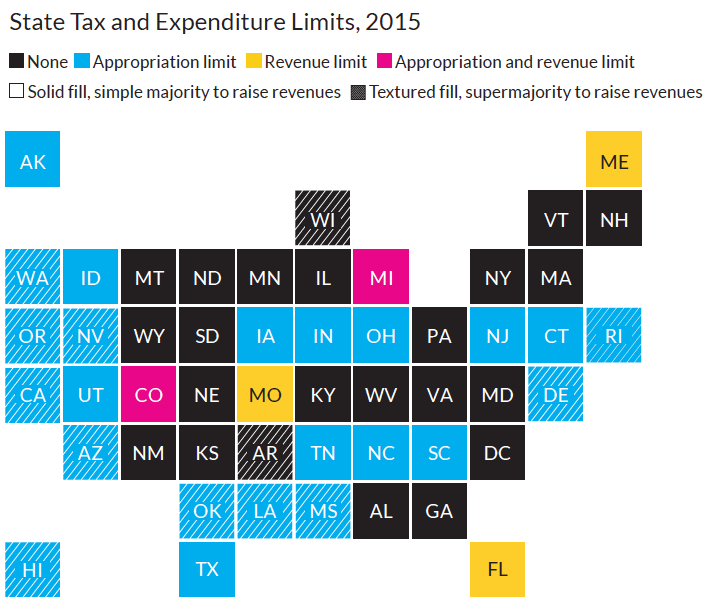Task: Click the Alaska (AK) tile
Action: click(x=32, y=160)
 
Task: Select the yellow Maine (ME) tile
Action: click(x=613, y=160)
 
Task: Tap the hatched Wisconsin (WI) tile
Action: click(x=322, y=218)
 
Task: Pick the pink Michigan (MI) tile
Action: click(x=380, y=277)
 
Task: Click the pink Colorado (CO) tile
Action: click(x=148, y=394)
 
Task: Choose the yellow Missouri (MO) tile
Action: click(x=264, y=394)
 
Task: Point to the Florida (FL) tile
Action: click(x=497, y=569)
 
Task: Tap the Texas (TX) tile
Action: click(x=206, y=569)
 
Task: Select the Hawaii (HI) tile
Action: click(x=32, y=569)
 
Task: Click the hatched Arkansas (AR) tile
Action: click(x=264, y=452)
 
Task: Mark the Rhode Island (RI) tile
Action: click(x=613, y=336)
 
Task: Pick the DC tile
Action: click(x=497, y=452)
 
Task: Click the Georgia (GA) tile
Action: click(x=439, y=511)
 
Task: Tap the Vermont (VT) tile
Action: click(x=555, y=218)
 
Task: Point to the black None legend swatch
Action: click(x=16, y=62)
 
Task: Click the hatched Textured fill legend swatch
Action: click(x=358, y=92)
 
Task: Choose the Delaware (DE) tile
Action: click(x=555, y=394)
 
